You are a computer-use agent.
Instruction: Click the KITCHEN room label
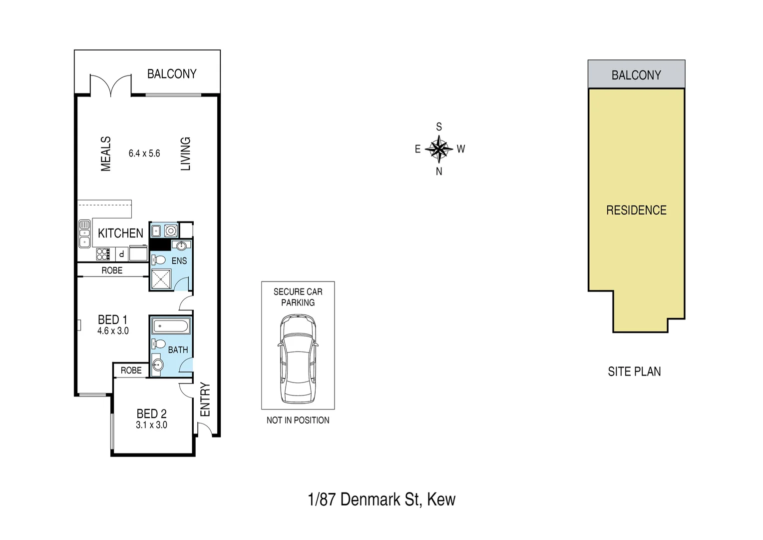(120, 233)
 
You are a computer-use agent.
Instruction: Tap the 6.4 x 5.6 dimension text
(144, 153)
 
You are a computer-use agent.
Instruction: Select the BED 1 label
(112, 319)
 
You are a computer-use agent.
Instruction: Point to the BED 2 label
(151, 414)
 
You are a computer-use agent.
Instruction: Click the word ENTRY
(205, 399)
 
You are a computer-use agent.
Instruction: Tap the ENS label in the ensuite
(179, 260)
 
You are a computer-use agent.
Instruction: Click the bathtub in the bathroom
(171, 326)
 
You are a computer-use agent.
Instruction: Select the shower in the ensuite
(161, 279)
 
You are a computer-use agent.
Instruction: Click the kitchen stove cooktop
(103, 254)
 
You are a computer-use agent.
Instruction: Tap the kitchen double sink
(84, 233)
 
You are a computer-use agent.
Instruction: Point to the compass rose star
(439, 148)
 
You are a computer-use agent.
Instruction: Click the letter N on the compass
(439, 171)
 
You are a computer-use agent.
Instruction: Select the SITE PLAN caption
(634, 371)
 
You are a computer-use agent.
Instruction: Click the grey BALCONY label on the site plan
(636, 75)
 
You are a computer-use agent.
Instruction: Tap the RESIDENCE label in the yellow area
(636, 210)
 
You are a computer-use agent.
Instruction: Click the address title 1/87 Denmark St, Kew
(381, 499)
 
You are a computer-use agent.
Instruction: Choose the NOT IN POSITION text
(298, 420)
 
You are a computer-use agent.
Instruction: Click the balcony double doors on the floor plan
(111, 85)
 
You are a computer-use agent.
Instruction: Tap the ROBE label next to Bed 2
(131, 370)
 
